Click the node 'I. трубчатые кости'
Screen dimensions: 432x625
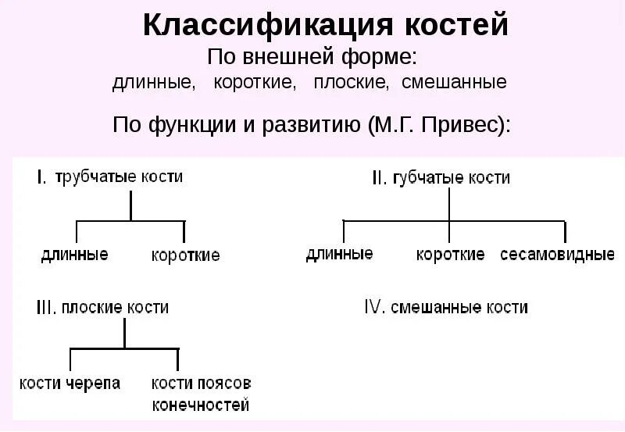click(110, 177)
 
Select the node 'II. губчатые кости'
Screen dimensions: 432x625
click(441, 178)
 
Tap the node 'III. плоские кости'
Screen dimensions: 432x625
click(102, 308)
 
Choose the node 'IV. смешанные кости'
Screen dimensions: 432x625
click(446, 307)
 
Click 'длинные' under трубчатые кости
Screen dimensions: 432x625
click(74, 254)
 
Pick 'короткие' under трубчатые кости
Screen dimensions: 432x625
click(185, 255)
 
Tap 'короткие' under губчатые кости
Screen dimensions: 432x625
click(450, 255)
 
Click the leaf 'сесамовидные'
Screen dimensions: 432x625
click(557, 255)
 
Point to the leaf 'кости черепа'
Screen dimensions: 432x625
click(70, 384)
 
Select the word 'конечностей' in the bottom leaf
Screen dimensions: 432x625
click(202, 405)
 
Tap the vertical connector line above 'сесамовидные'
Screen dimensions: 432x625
click(564, 232)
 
